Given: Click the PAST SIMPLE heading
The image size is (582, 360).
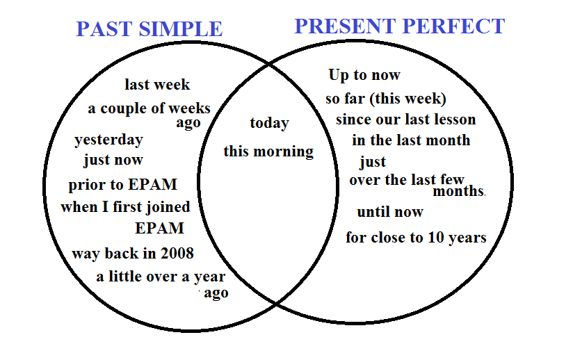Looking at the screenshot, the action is (x=149, y=29).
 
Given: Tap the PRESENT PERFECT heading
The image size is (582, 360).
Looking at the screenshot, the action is (x=399, y=26).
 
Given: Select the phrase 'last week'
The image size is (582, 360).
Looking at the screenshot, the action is (x=157, y=85).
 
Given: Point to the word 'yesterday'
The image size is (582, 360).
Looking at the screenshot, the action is (x=108, y=140).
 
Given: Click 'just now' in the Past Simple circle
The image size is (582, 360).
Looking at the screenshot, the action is (x=113, y=160).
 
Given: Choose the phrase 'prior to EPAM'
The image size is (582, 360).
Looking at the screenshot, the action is (x=123, y=184).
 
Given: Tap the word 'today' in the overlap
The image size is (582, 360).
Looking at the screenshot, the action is (x=270, y=123).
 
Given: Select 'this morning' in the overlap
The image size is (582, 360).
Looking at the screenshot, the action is (x=268, y=152).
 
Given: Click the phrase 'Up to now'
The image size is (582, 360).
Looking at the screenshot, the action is (x=364, y=75).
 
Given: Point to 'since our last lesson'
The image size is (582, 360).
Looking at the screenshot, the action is (x=405, y=120).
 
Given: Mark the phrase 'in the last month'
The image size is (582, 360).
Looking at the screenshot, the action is (x=411, y=140).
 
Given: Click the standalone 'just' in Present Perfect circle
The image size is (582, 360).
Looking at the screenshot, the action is (x=373, y=162).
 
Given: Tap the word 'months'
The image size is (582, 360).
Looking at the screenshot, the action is (x=459, y=191).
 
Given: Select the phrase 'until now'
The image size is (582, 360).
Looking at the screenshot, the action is (x=390, y=212).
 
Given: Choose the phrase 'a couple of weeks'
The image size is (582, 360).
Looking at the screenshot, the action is (x=149, y=108).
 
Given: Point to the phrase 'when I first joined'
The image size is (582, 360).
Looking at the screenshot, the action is (x=125, y=207).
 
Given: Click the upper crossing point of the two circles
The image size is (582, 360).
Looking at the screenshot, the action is (x=269, y=65).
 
